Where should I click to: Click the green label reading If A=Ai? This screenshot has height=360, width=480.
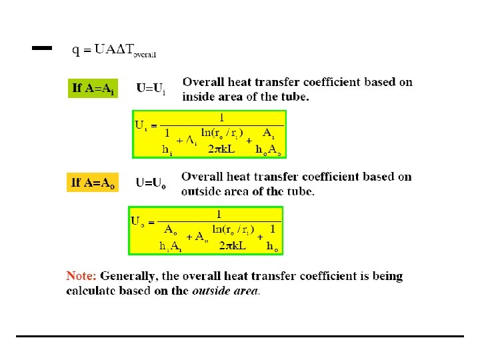point(93,89)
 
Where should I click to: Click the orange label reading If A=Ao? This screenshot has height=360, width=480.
point(92,183)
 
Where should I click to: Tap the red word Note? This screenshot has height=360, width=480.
point(81,276)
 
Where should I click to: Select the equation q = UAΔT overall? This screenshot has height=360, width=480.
point(114,50)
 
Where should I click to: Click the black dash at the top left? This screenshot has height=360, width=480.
point(42,48)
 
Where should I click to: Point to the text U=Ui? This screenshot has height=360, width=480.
point(151,88)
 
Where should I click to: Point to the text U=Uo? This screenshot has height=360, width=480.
point(151,182)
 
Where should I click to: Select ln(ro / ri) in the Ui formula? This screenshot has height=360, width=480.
point(222,133)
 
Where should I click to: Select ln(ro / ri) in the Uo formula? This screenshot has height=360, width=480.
point(233,229)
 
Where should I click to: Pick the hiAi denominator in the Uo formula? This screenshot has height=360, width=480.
point(171,245)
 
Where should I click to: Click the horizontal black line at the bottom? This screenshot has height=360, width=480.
point(240,336)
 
